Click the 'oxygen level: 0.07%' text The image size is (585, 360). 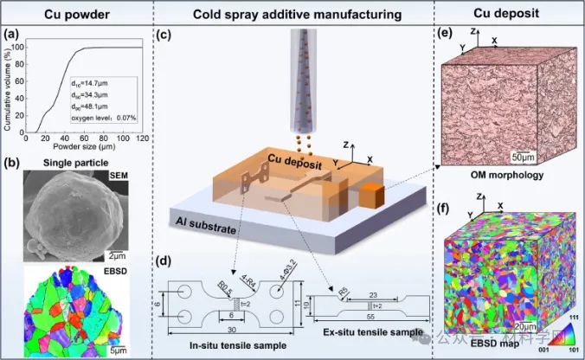coord(106,118)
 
